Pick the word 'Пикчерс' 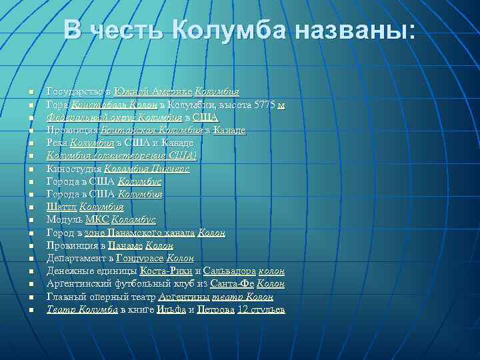[x=173, y=169]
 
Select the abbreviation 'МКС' [x=98, y=219]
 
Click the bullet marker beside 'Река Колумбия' [x=31, y=143]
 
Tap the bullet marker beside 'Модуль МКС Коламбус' [x=31, y=220]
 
